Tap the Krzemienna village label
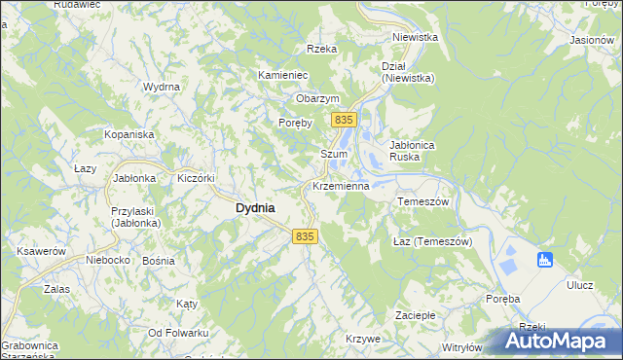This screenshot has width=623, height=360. coord(340,185)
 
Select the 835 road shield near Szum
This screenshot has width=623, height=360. coord(342,119)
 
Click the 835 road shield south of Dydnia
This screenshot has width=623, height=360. coord(305,236)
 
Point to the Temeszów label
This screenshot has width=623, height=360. coord(422,201)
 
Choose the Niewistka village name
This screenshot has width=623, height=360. coord(415,37)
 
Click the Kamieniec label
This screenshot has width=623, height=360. coord(283,75)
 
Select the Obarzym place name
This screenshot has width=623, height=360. coord(317,98)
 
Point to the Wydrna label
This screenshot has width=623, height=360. coord(162,87)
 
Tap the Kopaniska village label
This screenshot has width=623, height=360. coord(129,133)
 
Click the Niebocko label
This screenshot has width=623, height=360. coord(107,260)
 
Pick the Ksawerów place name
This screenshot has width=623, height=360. coord(41,251)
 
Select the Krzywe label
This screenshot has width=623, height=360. coord(362,338)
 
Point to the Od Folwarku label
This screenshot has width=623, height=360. coord(178,333)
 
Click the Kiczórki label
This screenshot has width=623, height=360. coord(195,178)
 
